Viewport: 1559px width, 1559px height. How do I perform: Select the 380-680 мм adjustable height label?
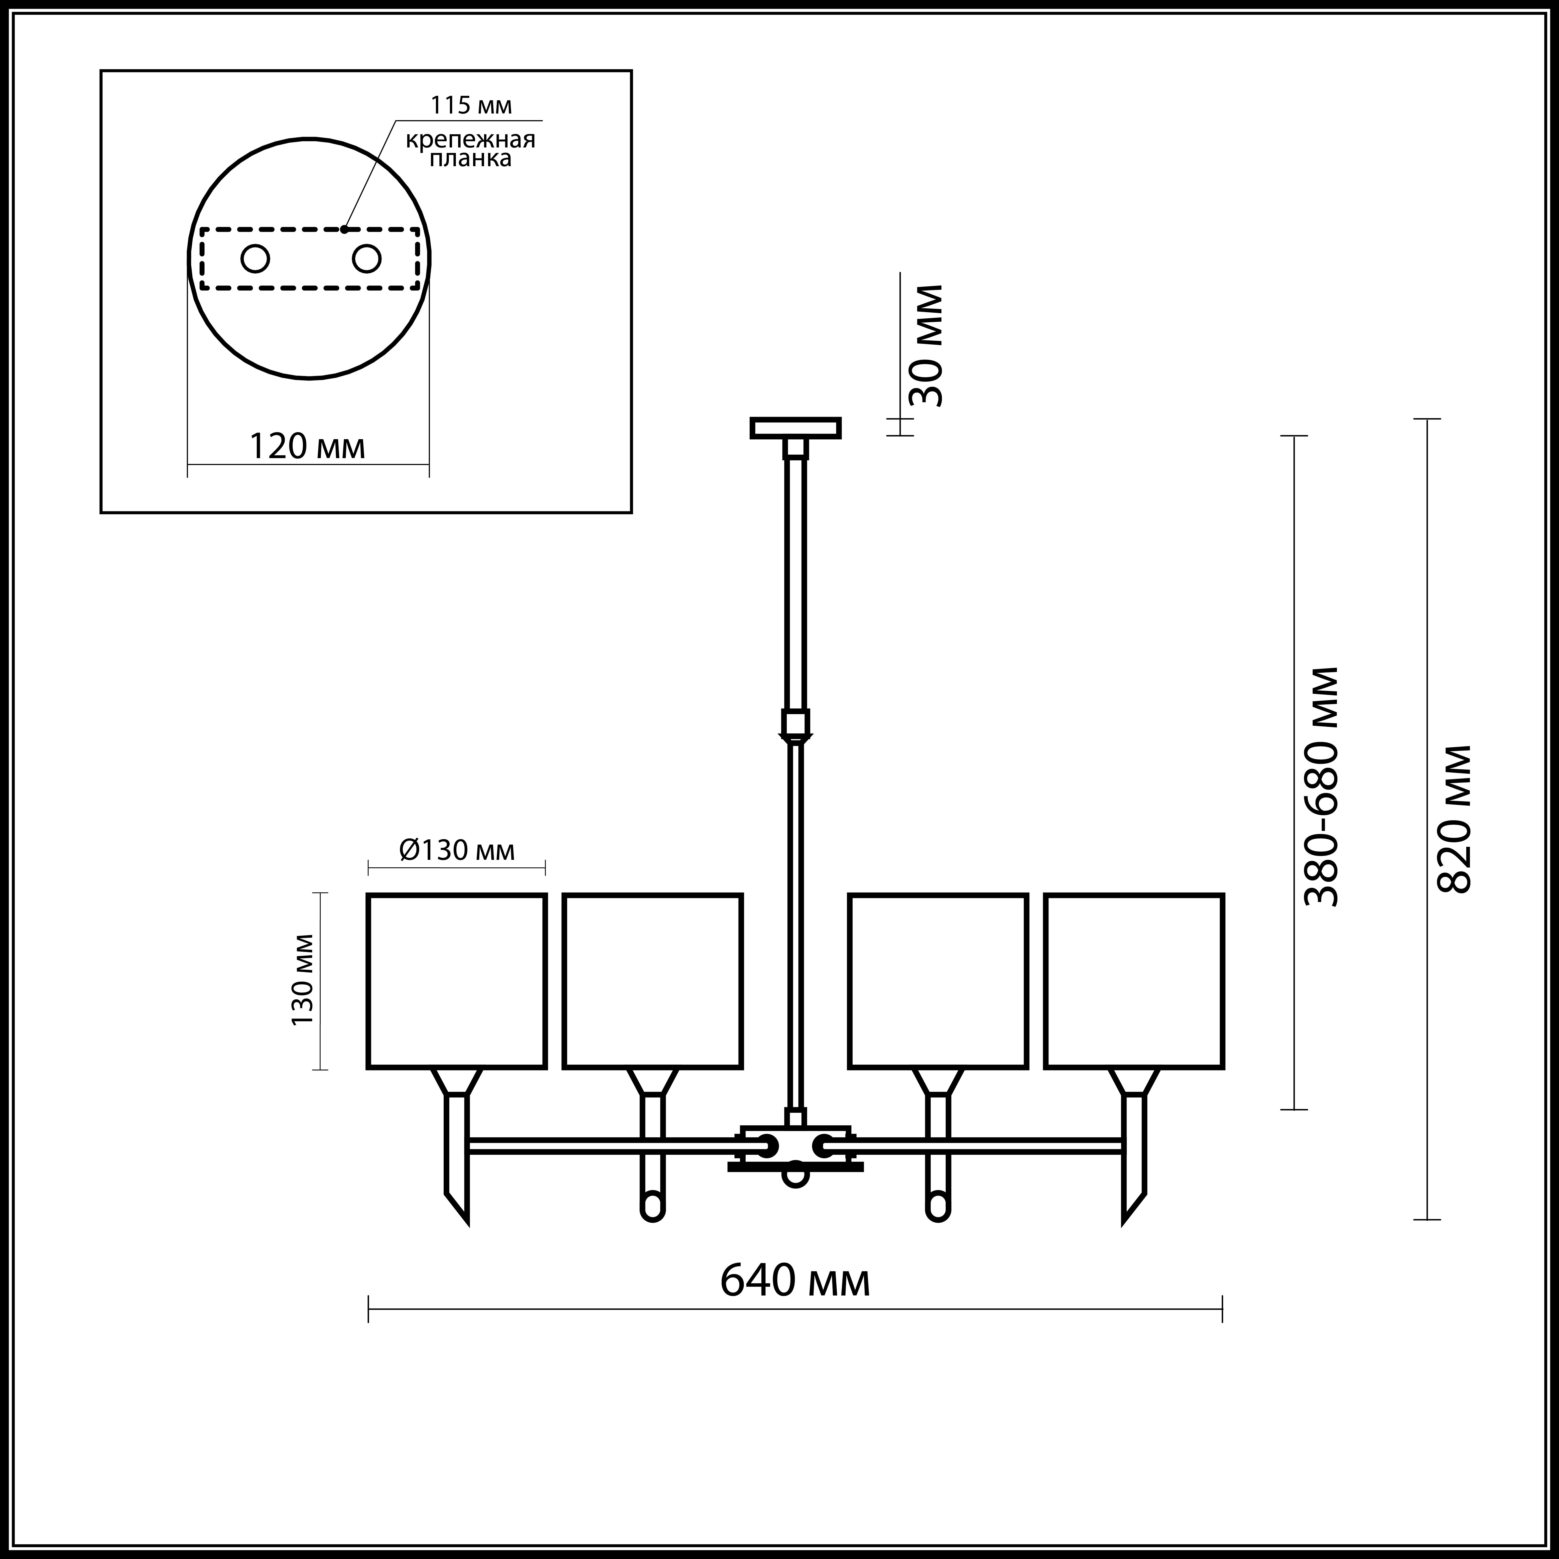(x=1322, y=787)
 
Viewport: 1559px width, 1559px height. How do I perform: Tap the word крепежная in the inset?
(x=470, y=140)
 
